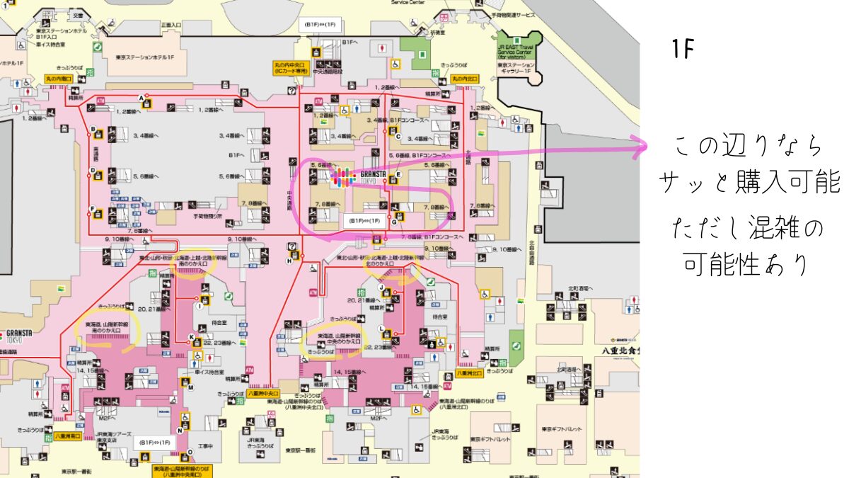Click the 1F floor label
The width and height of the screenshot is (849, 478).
point(683,49)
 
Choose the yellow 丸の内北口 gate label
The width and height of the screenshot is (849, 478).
point(467,79)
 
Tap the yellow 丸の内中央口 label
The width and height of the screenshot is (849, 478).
point(291,69)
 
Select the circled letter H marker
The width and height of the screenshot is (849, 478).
point(289,261)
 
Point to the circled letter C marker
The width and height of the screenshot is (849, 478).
point(398,137)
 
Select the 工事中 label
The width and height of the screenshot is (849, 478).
point(205,446)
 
